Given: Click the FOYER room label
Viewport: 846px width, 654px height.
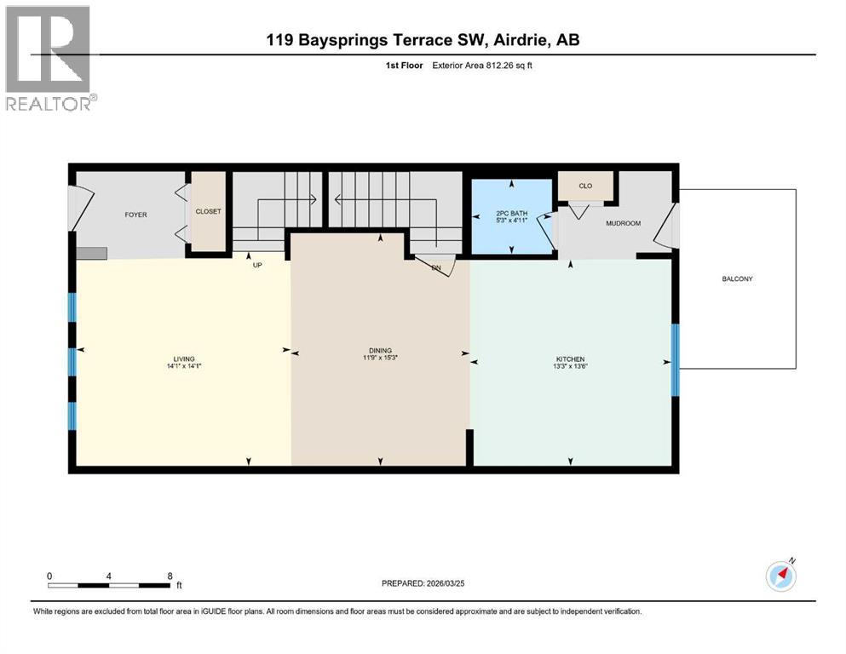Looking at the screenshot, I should coord(135,215).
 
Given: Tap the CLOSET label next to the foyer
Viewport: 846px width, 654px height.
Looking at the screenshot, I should coord(208,211).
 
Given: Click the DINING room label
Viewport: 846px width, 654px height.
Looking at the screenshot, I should coord(380,350).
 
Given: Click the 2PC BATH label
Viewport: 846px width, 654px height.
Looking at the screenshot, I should coord(510,214).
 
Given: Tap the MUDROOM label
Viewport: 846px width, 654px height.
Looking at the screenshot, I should coord(622,223).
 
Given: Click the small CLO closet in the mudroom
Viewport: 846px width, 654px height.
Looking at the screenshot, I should coord(584,185).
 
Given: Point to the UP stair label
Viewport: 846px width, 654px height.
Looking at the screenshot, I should coord(256,265).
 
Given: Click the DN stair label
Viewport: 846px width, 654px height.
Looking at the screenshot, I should coord(436,267).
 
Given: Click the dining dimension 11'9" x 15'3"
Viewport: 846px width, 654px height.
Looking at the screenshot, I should coord(380,358).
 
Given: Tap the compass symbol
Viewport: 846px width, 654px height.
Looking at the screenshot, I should coord(780,577).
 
